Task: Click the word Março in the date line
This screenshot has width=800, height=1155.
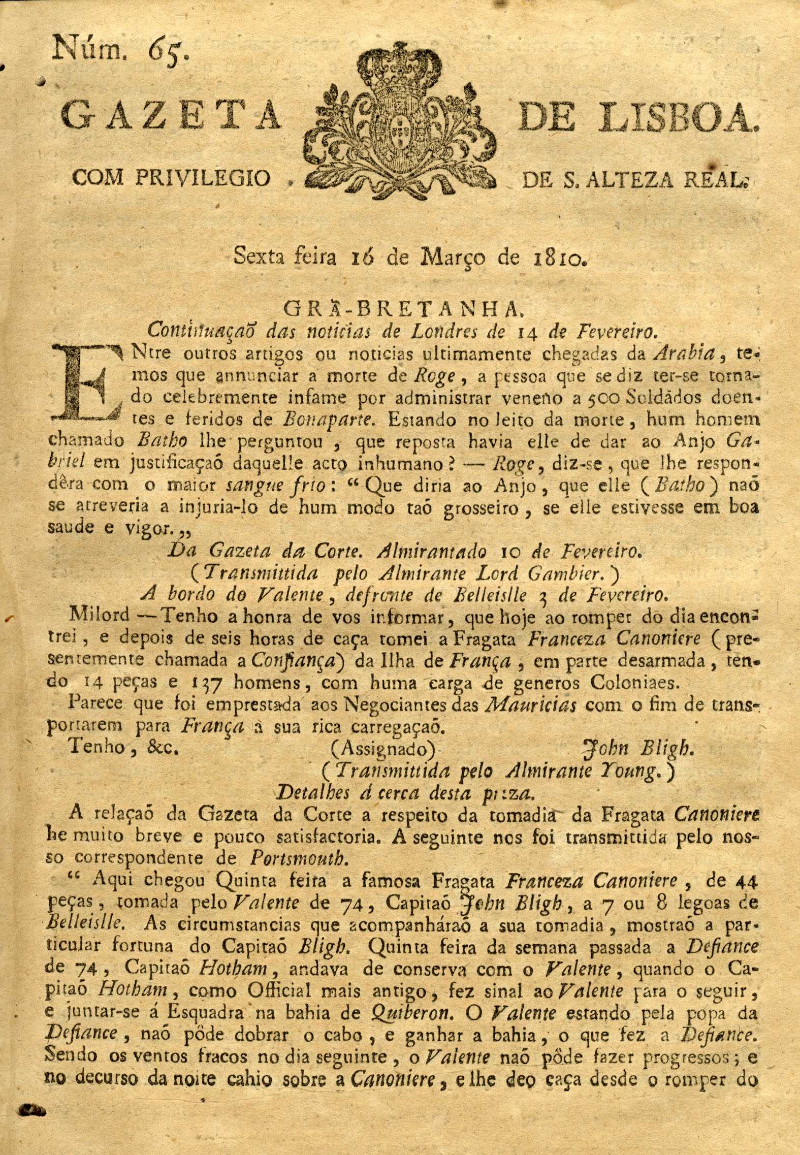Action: point(455,258)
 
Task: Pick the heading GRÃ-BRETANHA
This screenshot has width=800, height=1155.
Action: point(400,308)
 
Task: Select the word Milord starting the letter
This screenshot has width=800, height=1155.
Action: point(99,616)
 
